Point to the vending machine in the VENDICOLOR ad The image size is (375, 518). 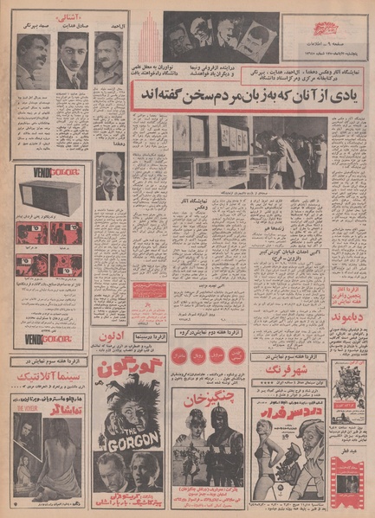coord(52,194)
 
